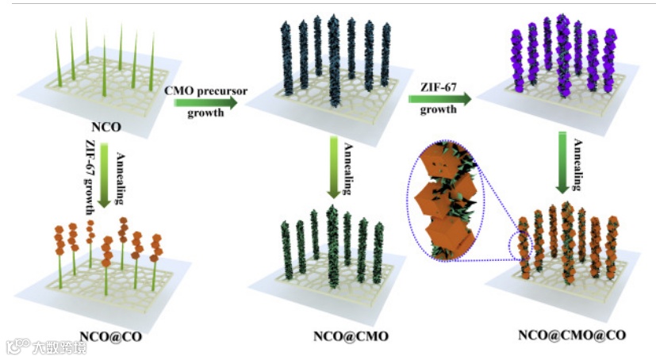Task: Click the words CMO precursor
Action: click(205, 90)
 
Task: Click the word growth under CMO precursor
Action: click(205, 113)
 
